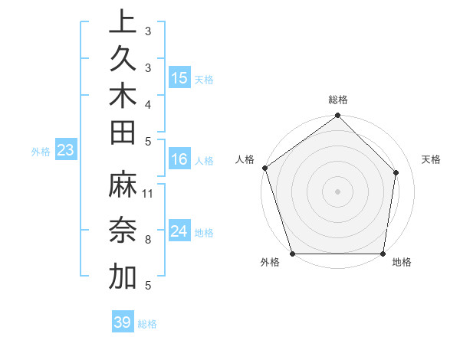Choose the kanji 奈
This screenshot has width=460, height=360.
tap(123, 231)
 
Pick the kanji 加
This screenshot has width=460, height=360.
tap(123, 277)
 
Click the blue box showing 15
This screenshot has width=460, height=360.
tap(179, 78)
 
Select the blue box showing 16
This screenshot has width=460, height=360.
tap(179, 160)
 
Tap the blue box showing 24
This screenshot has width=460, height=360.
tap(179, 231)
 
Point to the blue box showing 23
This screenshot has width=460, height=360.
tap(66, 151)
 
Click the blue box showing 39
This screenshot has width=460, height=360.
tap(123, 322)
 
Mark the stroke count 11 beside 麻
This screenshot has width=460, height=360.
tap(148, 193)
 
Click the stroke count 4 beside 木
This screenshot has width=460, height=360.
tap(148, 103)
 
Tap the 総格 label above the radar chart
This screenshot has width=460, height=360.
tap(338, 100)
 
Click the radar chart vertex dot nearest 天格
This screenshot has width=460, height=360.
tap(396, 172)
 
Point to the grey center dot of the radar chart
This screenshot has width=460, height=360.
tap(337, 191)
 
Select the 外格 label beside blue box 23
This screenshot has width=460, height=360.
tap(41, 152)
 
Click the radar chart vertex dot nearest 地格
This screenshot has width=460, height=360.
tap(383, 254)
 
